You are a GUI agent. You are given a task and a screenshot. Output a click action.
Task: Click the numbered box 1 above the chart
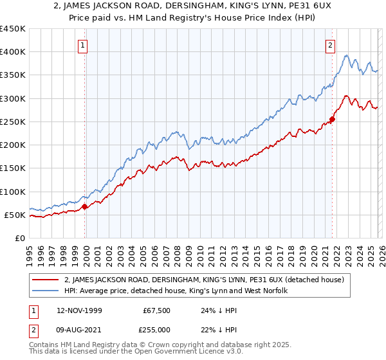tap(84, 45)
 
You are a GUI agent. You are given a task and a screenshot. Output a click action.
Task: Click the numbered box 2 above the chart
tap(330, 45)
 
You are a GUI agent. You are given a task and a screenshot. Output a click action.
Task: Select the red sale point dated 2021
tap(332, 119)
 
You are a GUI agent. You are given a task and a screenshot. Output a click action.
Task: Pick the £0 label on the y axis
tap(19, 238)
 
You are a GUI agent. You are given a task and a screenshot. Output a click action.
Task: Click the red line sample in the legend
tap(47, 280)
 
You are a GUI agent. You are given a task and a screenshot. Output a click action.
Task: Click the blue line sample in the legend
tap(47, 291)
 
